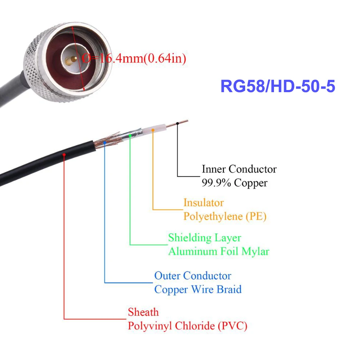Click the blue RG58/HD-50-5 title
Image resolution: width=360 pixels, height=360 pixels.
click(x=278, y=87)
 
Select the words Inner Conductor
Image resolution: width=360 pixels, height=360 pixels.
click(x=239, y=169)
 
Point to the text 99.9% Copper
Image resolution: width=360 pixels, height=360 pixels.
click(x=234, y=183)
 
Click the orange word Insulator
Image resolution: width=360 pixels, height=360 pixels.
click(x=203, y=203)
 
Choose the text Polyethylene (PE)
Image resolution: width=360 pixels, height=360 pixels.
click(x=225, y=217)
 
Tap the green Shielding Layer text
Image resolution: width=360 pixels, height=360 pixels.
click(x=204, y=238)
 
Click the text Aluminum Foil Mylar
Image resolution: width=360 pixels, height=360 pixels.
click(x=219, y=251)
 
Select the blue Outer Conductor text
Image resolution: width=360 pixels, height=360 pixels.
click(x=193, y=276)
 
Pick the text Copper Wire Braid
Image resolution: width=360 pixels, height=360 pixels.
click(x=198, y=289)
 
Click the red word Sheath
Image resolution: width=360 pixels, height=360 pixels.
click(x=143, y=312)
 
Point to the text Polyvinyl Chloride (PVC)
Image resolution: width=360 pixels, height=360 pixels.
click(x=188, y=326)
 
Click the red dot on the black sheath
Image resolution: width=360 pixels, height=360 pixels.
click(x=64, y=155)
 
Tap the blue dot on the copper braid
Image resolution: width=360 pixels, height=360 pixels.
click(x=104, y=143)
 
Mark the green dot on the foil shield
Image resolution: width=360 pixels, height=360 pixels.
click(x=130, y=136)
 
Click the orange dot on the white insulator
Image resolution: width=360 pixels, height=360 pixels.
click(x=153, y=130)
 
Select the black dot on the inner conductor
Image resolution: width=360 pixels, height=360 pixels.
click(x=177, y=123)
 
